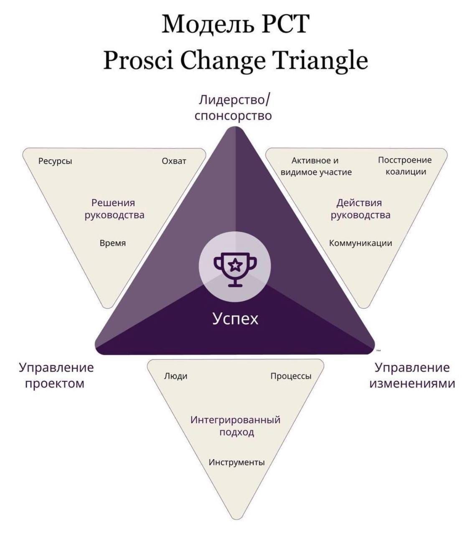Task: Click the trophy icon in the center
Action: [235, 269]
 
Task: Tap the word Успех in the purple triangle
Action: [235, 319]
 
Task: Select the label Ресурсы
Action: [55, 161]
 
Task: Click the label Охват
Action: [174, 161]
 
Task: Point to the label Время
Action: [113, 243]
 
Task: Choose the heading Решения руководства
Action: [114, 209]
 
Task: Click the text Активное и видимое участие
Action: [316, 166]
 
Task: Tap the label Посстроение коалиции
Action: [405, 166]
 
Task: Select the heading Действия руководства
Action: [361, 209]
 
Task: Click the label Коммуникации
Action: [361, 243]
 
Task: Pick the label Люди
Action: [176, 376]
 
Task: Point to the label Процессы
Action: [291, 376]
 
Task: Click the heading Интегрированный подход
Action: [235, 426]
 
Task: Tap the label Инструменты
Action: [236, 462]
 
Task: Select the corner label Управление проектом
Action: [56, 375]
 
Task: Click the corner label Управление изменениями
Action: [412, 375]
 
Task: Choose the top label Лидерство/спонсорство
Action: [234, 108]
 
